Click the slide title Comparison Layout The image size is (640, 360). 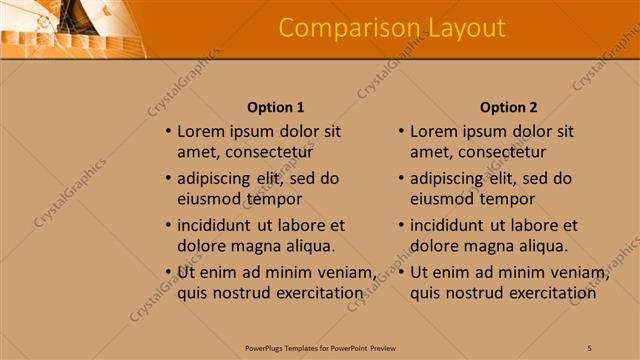(392, 28)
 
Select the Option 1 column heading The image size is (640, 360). (275, 107)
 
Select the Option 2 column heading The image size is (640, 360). (508, 107)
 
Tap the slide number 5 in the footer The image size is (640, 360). (589, 347)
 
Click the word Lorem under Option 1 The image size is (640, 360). (200, 131)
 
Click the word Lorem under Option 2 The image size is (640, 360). (433, 131)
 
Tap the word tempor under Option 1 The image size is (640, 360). (275, 199)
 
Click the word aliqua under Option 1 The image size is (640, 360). (303, 246)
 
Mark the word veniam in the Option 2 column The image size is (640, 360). (574, 273)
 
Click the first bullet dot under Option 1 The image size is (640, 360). (168, 132)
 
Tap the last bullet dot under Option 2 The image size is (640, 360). (401, 273)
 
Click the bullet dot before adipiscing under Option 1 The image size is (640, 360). (168, 179)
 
